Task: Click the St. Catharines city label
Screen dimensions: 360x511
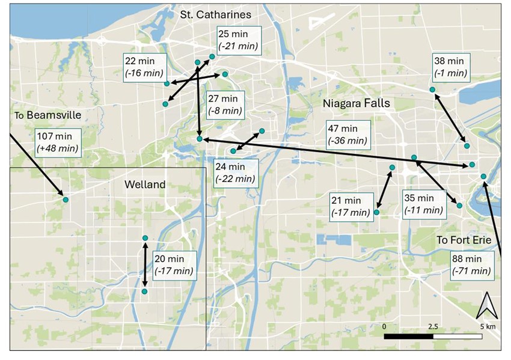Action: point(216,14)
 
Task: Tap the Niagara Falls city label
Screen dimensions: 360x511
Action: point(356,103)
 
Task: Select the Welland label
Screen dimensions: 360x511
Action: point(144,185)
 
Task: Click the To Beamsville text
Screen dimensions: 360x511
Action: point(40,114)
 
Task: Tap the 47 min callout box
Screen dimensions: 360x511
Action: point(347,135)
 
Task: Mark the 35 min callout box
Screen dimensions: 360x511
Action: point(423,204)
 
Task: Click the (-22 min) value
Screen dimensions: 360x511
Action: point(236,178)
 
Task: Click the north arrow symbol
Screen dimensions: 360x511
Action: point(484,307)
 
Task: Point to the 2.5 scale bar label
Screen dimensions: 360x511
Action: point(433,326)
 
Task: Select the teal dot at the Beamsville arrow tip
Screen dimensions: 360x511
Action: point(66,200)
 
